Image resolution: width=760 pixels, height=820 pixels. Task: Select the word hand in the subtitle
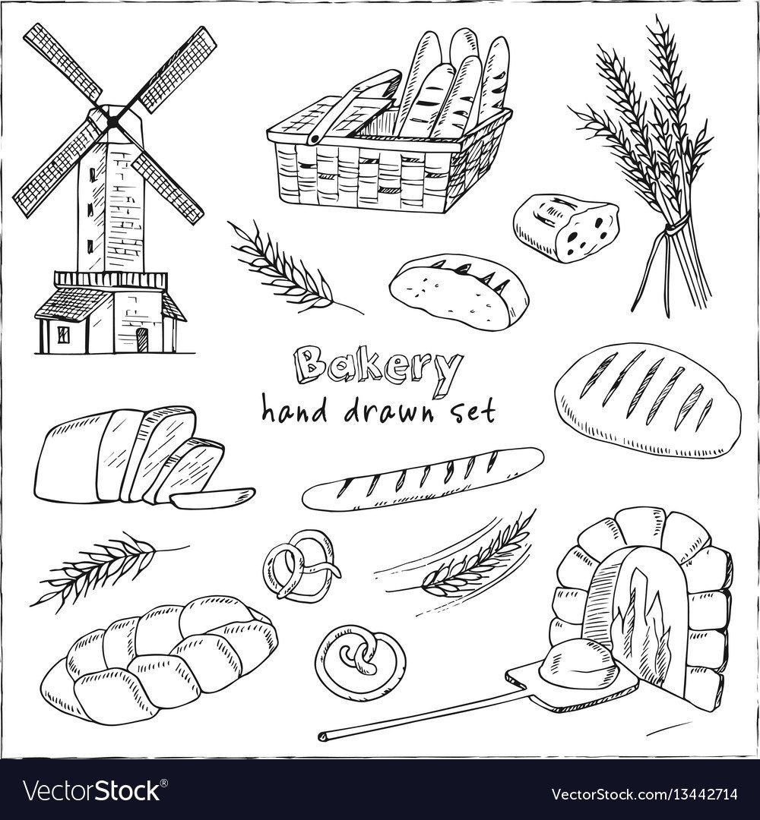[293, 410]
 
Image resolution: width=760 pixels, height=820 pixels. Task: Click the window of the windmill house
[63, 335]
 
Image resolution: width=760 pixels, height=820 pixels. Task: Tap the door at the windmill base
[142, 340]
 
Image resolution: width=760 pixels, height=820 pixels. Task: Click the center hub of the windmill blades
[112, 121]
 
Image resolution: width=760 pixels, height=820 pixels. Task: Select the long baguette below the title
[423, 478]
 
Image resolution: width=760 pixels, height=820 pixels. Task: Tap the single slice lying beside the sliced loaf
[213, 498]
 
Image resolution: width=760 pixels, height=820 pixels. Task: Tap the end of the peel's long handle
[322, 737]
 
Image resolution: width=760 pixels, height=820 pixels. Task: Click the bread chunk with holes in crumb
[566, 228]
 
